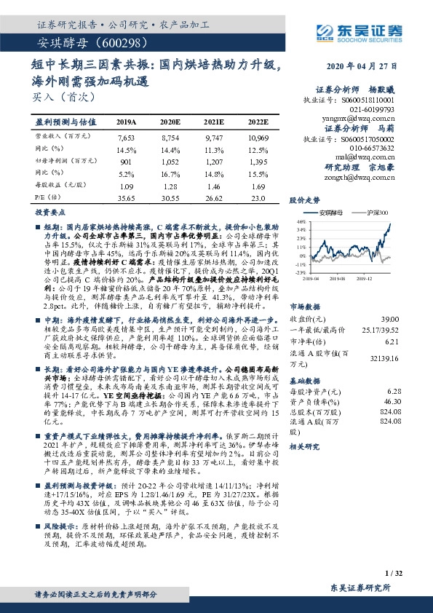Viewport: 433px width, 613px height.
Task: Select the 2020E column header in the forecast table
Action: point(170,122)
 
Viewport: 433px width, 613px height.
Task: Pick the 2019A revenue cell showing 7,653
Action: point(126,136)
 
